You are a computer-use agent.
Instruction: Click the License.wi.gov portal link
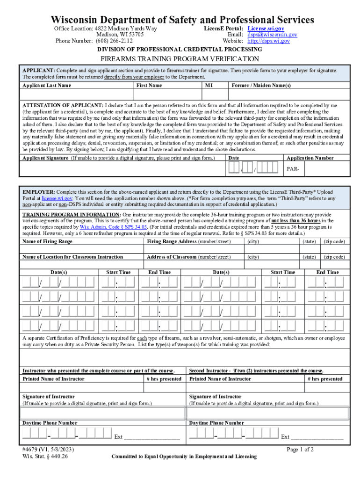(x=266, y=29)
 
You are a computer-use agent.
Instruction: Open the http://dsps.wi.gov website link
(x=268, y=41)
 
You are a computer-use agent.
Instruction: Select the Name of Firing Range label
(x=47, y=241)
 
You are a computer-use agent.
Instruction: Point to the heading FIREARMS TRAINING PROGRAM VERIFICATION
(x=180, y=59)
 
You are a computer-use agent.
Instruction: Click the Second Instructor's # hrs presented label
(x=325, y=379)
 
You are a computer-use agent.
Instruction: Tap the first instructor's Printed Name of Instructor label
(x=53, y=379)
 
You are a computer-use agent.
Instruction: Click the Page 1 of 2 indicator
(x=300, y=450)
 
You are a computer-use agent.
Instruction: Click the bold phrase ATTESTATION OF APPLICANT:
(x=63, y=106)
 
